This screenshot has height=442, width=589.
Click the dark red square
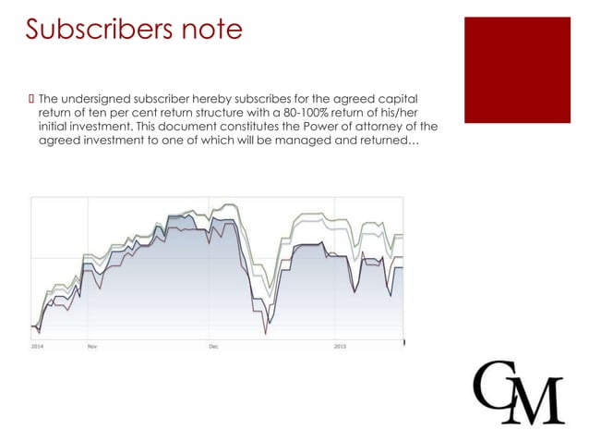pos(516,69)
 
